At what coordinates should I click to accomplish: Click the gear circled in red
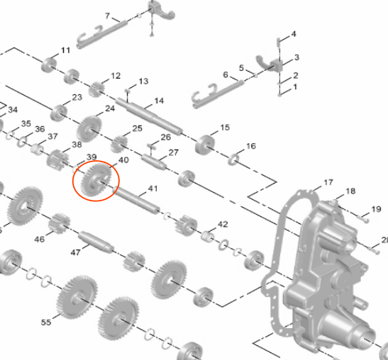pyautogui.click(x=96, y=181)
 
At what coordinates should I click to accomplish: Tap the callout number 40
pyautogui.click(x=123, y=160)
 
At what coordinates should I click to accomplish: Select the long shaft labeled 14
pyautogui.click(x=149, y=116)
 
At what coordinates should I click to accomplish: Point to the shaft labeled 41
pyautogui.click(x=136, y=200)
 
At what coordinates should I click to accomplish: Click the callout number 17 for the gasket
pyautogui.click(x=328, y=182)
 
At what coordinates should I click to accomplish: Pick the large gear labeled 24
pyautogui.click(x=89, y=128)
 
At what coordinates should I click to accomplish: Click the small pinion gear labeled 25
pyautogui.click(x=119, y=144)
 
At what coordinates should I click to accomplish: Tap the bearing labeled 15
pyautogui.click(x=205, y=144)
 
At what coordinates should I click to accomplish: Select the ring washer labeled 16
pyautogui.click(x=233, y=159)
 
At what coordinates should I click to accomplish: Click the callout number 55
pyautogui.click(x=46, y=322)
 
